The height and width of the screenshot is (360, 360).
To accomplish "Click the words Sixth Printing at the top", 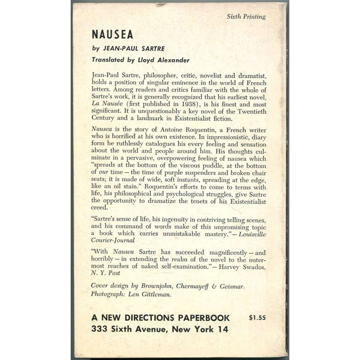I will click(246, 17).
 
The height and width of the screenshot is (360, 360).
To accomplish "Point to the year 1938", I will click(188, 104).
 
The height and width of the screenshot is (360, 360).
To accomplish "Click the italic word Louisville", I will click(252, 234).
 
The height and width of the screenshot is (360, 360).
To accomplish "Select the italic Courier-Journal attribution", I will click(112, 241).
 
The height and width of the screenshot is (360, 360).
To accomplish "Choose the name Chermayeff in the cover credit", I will click(190, 287).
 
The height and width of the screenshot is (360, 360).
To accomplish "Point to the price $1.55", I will click(257, 318).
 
